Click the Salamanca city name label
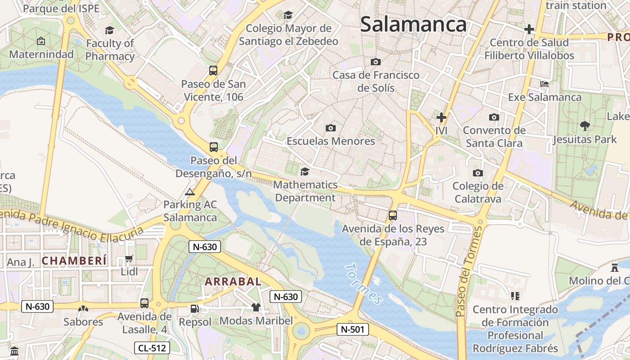[x=413, y=24]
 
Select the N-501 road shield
[x=353, y=329]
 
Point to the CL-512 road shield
[x=152, y=347]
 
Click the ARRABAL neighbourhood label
[x=233, y=282]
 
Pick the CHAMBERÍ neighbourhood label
[x=74, y=261]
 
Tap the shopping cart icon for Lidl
[x=129, y=259]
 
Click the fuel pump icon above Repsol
[x=194, y=309]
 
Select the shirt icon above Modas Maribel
[x=256, y=307]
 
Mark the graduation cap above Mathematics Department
[x=305, y=171]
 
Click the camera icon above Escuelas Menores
[x=330, y=128]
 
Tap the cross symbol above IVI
[x=441, y=117]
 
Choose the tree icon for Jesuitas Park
[x=585, y=126]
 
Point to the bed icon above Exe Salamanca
[x=544, y=84]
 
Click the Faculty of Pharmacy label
[x=110, y=50]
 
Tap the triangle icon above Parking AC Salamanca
[x=190, y=192]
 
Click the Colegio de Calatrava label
[x=478, y=192]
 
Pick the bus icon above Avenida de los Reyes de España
[x=393, y=216]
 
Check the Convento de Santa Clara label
[x=494, y=137]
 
